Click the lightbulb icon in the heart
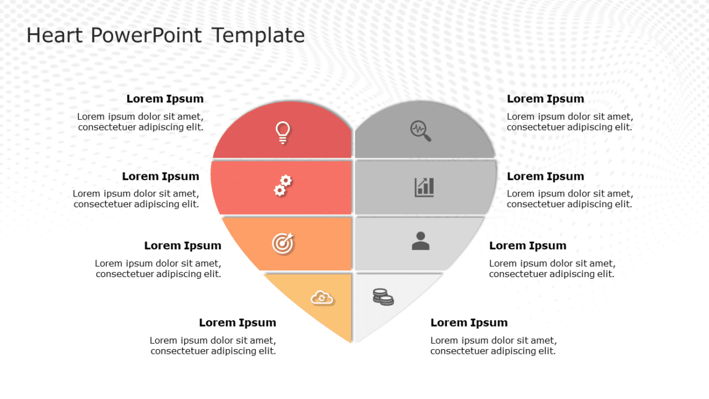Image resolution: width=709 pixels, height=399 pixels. [282, 132]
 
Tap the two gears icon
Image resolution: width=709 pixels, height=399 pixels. [282, 186]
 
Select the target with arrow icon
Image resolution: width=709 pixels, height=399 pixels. [283, 243]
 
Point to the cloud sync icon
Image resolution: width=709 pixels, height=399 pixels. [322, 297]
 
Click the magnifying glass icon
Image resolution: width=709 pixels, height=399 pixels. [421, 131]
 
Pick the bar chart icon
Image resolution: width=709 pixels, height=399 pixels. [424, 187]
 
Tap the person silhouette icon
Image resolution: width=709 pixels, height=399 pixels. [421, 241]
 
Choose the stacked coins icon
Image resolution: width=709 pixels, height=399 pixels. [383, 297]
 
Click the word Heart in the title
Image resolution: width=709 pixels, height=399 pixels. [54, 35]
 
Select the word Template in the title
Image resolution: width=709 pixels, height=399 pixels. [258, 35]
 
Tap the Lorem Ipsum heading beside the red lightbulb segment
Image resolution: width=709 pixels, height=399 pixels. [165, 99]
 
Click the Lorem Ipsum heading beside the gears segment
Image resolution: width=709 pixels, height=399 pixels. [160, 177]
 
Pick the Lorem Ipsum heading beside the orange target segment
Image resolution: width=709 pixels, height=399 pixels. [183, 246]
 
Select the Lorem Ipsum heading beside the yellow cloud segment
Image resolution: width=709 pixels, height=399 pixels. [237, 323]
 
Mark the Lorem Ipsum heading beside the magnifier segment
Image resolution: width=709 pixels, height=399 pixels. [545, 99]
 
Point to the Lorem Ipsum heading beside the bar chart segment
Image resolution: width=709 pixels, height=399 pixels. [545, 177]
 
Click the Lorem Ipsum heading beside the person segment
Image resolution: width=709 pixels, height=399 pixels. [528, 246]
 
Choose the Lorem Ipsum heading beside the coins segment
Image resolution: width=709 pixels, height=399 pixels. [469, 323]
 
